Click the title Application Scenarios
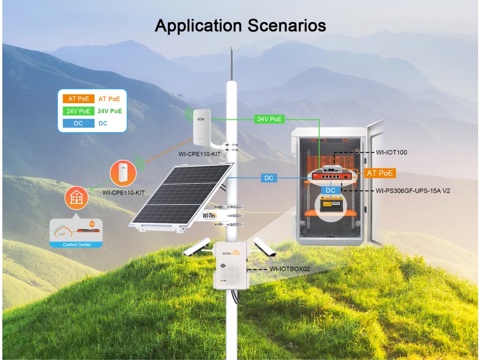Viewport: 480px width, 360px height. coord(240,25)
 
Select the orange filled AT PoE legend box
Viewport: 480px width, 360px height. coord(79,99)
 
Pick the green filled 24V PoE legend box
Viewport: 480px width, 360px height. coord(79,111)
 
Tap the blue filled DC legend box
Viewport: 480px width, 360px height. coord(79,123)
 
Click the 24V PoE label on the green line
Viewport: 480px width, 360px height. coord(269,119)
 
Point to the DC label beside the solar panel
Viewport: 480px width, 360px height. coord(269,178)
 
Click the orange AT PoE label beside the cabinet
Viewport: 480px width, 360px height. coord(379,173)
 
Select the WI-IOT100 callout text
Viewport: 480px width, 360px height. coord(392,152)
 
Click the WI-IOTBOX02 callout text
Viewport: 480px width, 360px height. coord(289,270)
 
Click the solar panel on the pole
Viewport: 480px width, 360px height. coord(181,194)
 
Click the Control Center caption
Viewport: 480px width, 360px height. coord(77,244)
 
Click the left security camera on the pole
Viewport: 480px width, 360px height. coord(197,247)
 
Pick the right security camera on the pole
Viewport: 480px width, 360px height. coord(265,247)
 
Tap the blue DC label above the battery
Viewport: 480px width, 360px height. coord(330,191)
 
